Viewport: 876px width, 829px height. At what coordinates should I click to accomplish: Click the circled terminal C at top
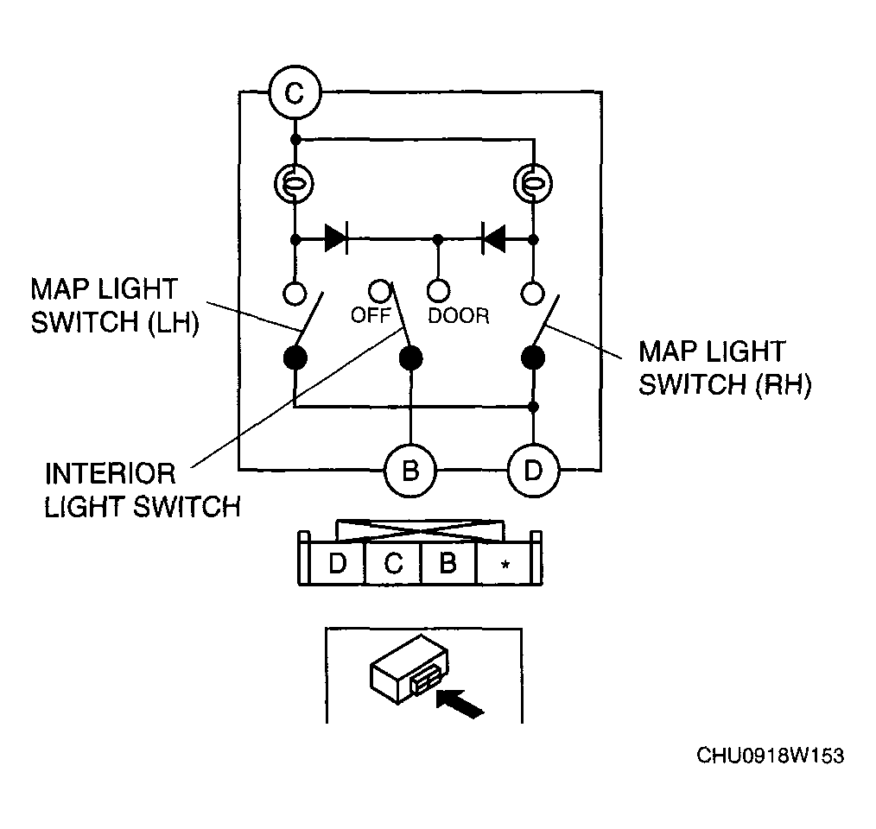295,92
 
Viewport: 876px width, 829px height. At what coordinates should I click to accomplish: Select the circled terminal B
410,471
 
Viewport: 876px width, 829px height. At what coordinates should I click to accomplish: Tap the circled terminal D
533,471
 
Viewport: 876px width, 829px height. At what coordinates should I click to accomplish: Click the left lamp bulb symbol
294,183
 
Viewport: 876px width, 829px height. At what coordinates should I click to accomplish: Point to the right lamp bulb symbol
533,183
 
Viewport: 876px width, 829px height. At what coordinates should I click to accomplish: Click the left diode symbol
336,239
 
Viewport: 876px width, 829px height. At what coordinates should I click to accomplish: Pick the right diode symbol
494,239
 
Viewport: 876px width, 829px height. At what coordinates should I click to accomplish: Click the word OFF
370,315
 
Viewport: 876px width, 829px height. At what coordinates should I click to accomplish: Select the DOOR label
459,316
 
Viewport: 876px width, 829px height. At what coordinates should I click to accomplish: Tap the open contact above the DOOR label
438,290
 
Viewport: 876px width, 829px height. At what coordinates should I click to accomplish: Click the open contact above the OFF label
380,290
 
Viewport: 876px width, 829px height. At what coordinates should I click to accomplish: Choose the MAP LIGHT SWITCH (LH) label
115,307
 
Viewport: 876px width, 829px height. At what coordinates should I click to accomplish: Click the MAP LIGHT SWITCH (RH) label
725,368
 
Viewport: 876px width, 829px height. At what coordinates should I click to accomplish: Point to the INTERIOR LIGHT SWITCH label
143,490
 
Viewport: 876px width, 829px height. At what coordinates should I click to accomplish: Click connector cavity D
337,563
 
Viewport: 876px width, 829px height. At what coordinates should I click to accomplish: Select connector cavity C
393,563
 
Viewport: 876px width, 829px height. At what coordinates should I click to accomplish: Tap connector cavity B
448,563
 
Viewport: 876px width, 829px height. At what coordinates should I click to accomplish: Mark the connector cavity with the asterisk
505,564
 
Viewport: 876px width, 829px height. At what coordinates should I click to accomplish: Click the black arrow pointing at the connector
460,703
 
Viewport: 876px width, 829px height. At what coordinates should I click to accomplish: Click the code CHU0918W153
770,756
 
